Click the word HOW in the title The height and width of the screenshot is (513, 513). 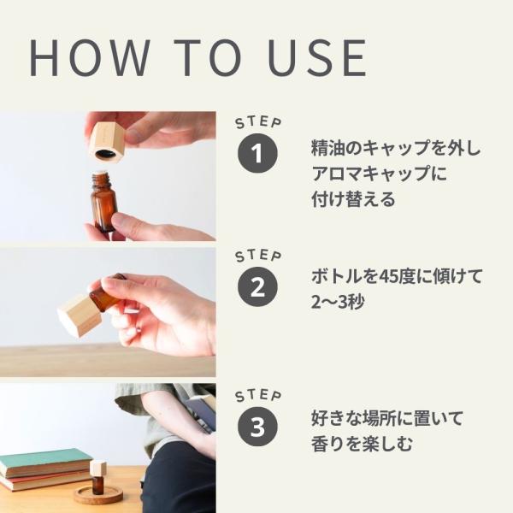tap(90, 57)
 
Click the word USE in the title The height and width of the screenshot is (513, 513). tap(317, 57)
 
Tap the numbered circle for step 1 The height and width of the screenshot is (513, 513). tap(257, 153)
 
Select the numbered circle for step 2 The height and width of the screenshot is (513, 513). tap(257, 286)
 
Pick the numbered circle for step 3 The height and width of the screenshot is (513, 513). tap(257, 427)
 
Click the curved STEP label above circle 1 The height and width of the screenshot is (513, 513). tap(258, 122)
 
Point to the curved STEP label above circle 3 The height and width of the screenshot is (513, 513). tap(258, 396)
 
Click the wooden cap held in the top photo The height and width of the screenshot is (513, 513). tap(109, 141)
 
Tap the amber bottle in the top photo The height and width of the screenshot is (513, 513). tap(104, 201)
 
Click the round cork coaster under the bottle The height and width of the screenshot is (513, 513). tap(97, 496)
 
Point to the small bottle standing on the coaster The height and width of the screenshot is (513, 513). tap(97, 478)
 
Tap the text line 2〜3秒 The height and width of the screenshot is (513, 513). tap(338, 302)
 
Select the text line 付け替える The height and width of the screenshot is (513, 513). tap(353, 199)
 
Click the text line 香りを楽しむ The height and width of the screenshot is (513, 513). tap(362, 444)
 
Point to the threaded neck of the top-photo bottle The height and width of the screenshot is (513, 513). tap(101, 179)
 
